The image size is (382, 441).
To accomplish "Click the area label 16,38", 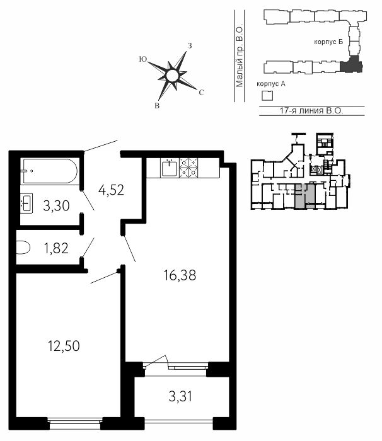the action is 180,275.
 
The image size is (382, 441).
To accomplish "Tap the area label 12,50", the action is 64,346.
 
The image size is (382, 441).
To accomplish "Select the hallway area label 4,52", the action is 111,190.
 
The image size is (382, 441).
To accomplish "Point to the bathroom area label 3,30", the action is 56,205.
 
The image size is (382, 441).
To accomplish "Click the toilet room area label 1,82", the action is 56,248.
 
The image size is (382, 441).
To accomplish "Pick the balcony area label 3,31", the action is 180,396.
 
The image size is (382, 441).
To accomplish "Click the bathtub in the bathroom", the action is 50,171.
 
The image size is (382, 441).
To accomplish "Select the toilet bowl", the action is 23,248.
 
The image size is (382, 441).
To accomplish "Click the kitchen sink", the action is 169,168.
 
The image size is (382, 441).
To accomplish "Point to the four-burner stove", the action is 188,168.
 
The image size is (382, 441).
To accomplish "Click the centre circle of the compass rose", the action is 171,76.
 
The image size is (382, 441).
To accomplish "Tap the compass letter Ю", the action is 143,59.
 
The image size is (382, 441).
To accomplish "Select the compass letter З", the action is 190,45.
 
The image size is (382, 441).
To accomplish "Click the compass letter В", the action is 157,106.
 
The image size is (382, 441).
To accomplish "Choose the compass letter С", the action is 201,93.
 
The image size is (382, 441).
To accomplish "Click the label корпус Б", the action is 328,42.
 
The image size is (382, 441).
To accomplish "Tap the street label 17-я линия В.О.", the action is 311,110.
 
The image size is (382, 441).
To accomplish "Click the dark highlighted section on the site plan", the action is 350,66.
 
